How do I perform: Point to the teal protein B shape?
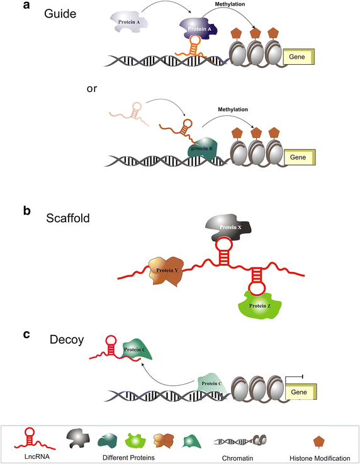(205, 149)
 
